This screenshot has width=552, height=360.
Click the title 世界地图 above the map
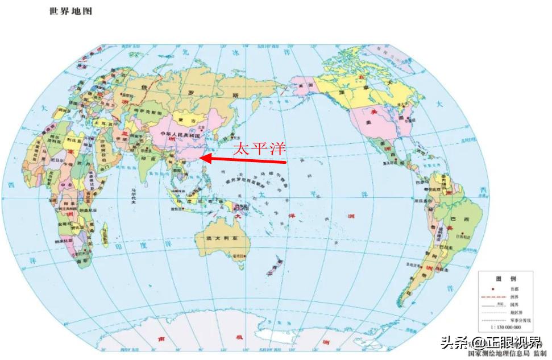[71, 11]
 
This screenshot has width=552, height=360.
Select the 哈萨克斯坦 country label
[140, 111]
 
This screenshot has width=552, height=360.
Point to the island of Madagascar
[103, 233]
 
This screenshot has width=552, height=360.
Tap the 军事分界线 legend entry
[521, 320]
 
